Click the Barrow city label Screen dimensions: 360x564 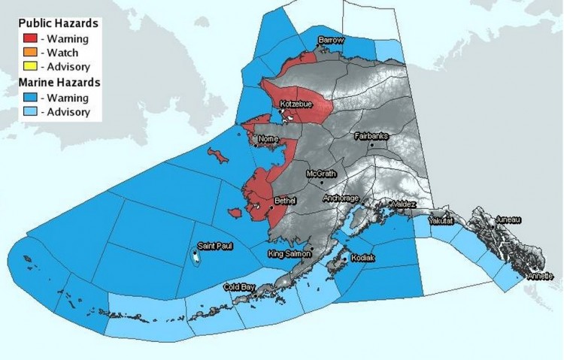330,39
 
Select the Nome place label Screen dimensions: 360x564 268,140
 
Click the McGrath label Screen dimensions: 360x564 321,174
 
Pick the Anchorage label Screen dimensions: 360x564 341,198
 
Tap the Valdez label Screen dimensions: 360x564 398,204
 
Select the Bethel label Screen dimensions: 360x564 286,201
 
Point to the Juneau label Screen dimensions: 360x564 508,219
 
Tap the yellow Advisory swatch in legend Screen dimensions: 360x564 30,67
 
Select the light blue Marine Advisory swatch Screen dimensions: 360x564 30,112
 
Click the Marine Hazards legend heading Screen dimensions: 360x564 61,82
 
